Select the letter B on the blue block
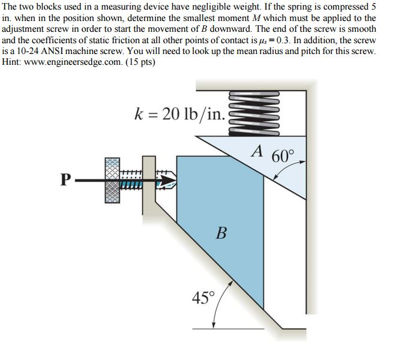220,232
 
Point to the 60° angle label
284,157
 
